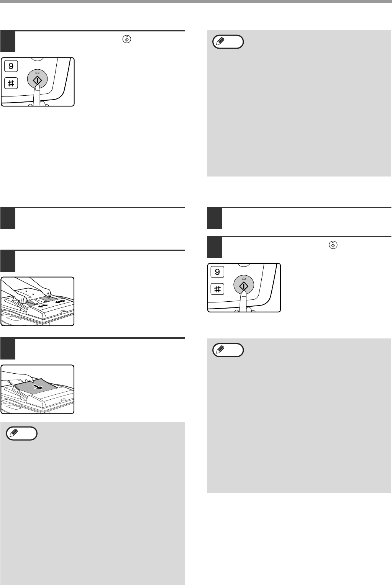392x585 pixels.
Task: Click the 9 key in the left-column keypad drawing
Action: (x=11, y=66)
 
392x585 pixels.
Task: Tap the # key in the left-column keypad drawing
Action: (x=11, y=83)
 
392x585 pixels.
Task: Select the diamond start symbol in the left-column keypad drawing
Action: (x=38, y=80)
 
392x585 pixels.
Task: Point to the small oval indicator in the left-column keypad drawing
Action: (x=38, y=73)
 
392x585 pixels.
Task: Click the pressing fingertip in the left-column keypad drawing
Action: (x=38, y=88)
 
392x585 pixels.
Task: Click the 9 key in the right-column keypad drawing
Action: (x=217, y=271)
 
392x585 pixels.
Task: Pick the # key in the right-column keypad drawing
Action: (x=217, y=289)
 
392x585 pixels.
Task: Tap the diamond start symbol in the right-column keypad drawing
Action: (x=244, y=286)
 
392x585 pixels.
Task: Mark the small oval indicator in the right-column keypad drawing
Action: (x=244, y=279)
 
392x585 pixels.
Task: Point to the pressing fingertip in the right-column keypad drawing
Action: (x=244, y=294)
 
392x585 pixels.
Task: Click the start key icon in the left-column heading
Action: (x=127, y=39)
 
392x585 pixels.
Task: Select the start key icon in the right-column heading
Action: (x=333, y=245)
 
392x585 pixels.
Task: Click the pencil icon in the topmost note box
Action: (x=220, y=41)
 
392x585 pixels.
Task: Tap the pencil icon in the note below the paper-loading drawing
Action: (x=14, y=433)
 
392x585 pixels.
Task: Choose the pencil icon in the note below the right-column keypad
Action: (x=220, y=350)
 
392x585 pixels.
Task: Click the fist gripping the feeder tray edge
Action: (x=21, y=299)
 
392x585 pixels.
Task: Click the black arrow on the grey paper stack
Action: (x=38, y=387)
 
